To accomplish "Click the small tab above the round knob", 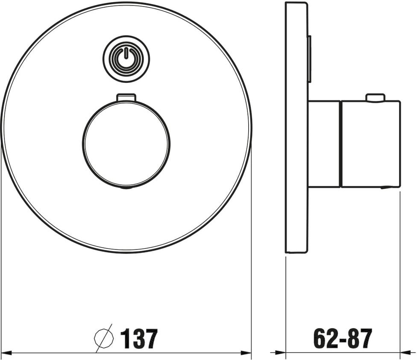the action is pos(126,97).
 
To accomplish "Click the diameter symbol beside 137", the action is pos(104,337).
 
